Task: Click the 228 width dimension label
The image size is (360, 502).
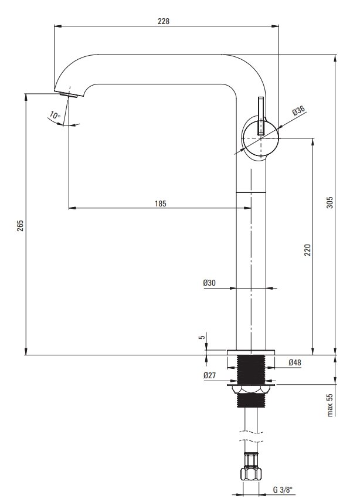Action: [x=163, y=21]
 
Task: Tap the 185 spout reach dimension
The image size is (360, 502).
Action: [x=160, y=203]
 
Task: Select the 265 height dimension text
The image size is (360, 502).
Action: [x=20, y=226]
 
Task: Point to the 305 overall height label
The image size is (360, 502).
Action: [x=330, y=202]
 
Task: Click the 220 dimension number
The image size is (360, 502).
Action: [x=307, y=250]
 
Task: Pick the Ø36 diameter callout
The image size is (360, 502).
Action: [x=298, y=111]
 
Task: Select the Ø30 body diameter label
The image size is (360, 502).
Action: [x=209, y=283]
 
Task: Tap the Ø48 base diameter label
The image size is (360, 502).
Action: [x=295, y=362]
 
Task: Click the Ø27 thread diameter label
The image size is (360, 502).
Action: [x=209, y=375]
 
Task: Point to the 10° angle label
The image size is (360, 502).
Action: [x=55, y=115]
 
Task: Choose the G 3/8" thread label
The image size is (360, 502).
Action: [x=283, y=490]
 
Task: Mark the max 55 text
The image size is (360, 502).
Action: [x=330, y=405]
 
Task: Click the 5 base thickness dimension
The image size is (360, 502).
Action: [x=202, y=337]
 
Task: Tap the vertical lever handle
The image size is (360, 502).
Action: [x=261, y=116]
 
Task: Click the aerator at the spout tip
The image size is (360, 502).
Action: [x=69, y=94]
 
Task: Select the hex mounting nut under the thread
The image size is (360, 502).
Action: [x=251, y=389]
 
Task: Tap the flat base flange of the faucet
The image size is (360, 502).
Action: [x=251, y=352]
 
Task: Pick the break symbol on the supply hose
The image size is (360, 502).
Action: [x=251, y=437]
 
